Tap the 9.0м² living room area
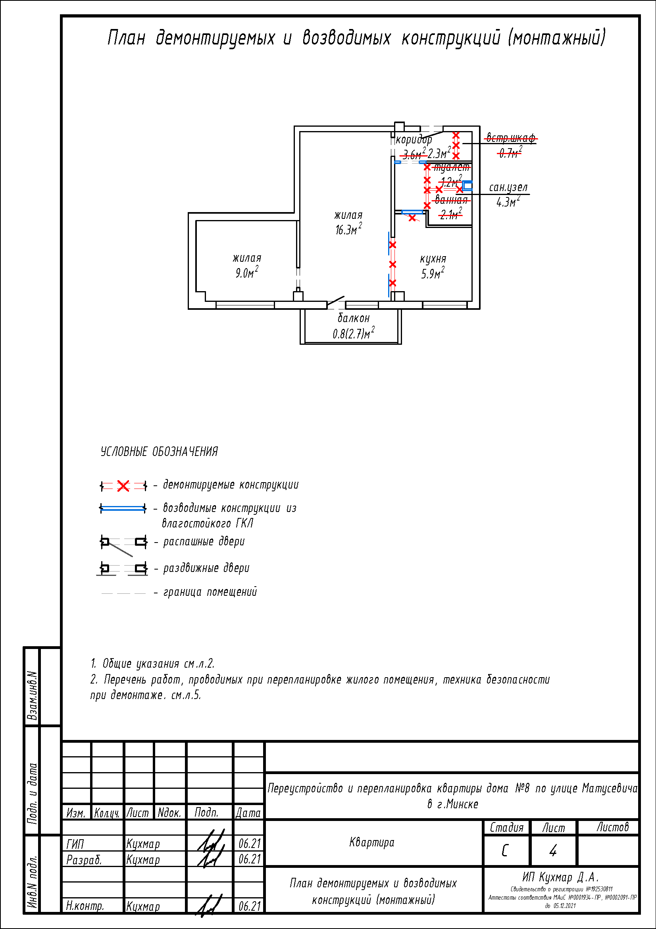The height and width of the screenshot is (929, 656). (246, 273)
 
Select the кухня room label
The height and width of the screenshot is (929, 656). (433, 259)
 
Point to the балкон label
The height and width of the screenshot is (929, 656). (354, 318)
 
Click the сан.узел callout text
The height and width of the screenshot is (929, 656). (508, 187)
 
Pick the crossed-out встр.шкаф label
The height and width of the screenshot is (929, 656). (510, 138)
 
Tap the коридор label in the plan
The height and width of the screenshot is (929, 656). (414, 140)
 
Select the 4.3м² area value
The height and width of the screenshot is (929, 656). (508, 202)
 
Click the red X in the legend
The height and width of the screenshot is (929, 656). (123, 486)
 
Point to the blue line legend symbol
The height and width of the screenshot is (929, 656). (123, 509)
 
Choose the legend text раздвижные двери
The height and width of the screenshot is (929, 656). (206, 568)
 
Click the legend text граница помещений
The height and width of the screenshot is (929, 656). (210, 592)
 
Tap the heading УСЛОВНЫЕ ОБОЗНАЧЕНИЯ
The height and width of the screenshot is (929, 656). (159, 452)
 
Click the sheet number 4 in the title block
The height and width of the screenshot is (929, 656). (553, 851)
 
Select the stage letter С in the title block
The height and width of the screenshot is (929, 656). (505, 851)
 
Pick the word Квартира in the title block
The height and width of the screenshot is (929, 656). (371, 842)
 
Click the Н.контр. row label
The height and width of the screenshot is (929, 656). (85, 906)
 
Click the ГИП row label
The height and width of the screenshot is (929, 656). (75, 844)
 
